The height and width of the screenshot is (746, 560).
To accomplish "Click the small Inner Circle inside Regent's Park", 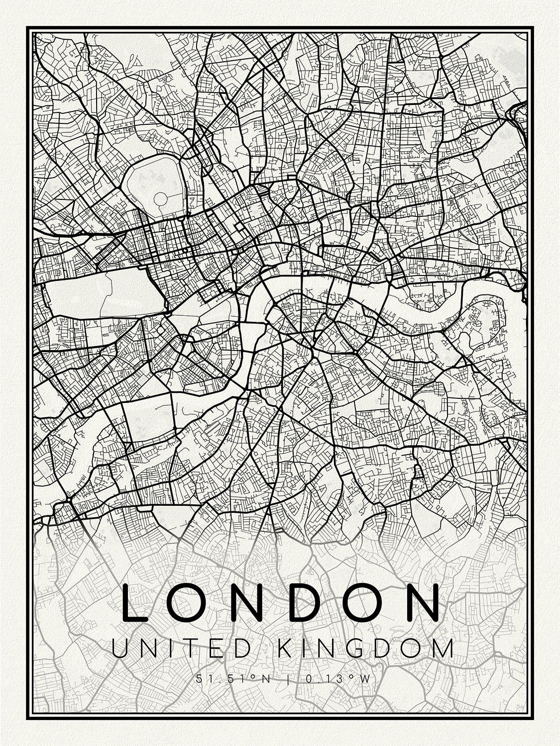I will [x=161, y=199].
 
